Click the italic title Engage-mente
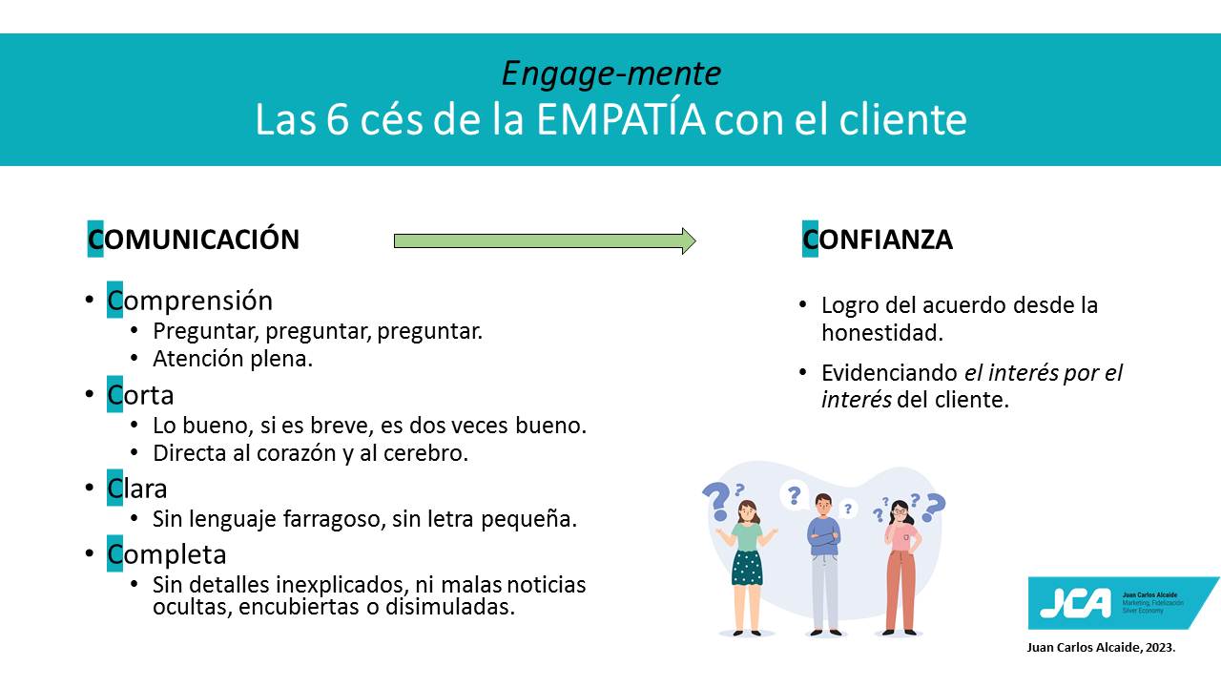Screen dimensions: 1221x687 tap(611, 73)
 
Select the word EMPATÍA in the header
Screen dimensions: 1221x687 tap(620, 119)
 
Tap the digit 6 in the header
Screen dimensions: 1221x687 tap(338, 119)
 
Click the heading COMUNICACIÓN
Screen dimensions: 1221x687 tap(194, 239)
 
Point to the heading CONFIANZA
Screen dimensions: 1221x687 tap(878, 239)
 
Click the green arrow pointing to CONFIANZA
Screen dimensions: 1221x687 tap(545, 240)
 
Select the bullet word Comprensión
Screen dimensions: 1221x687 tap(190, 300)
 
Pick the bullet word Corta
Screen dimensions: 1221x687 tap(140, 394)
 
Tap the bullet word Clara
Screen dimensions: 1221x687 tap(136, 488)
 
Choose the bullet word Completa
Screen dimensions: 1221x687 tap(166, 554)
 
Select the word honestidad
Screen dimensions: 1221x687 tap(882, 333)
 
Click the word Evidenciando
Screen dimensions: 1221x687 tap(890, 373)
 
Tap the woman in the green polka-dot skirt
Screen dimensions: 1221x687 tap(747, 567)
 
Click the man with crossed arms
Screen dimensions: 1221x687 tap(825, 564)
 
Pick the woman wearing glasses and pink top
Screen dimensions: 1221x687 tap(901, 567)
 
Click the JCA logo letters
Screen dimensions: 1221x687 tap(1075, 603)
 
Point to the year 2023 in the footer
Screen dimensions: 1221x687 tap(1160, 647)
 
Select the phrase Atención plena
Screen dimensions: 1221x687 tap(233, 359)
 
